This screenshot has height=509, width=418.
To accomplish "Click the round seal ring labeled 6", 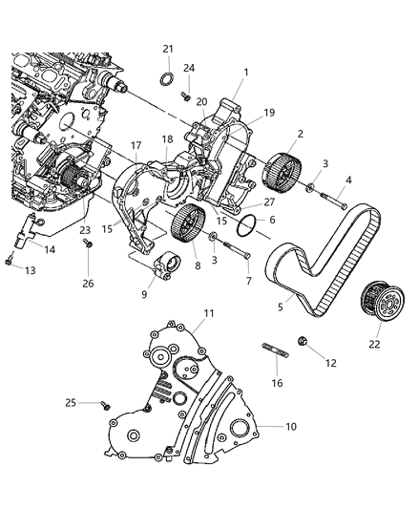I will tap(244, 225).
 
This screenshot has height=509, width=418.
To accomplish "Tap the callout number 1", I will tap(246, 72).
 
